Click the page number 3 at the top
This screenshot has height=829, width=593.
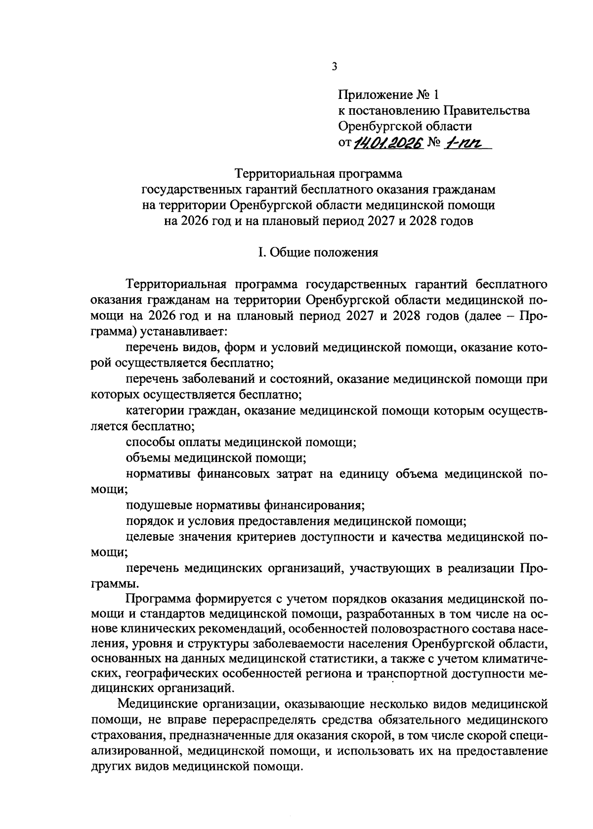tap(335, 66)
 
